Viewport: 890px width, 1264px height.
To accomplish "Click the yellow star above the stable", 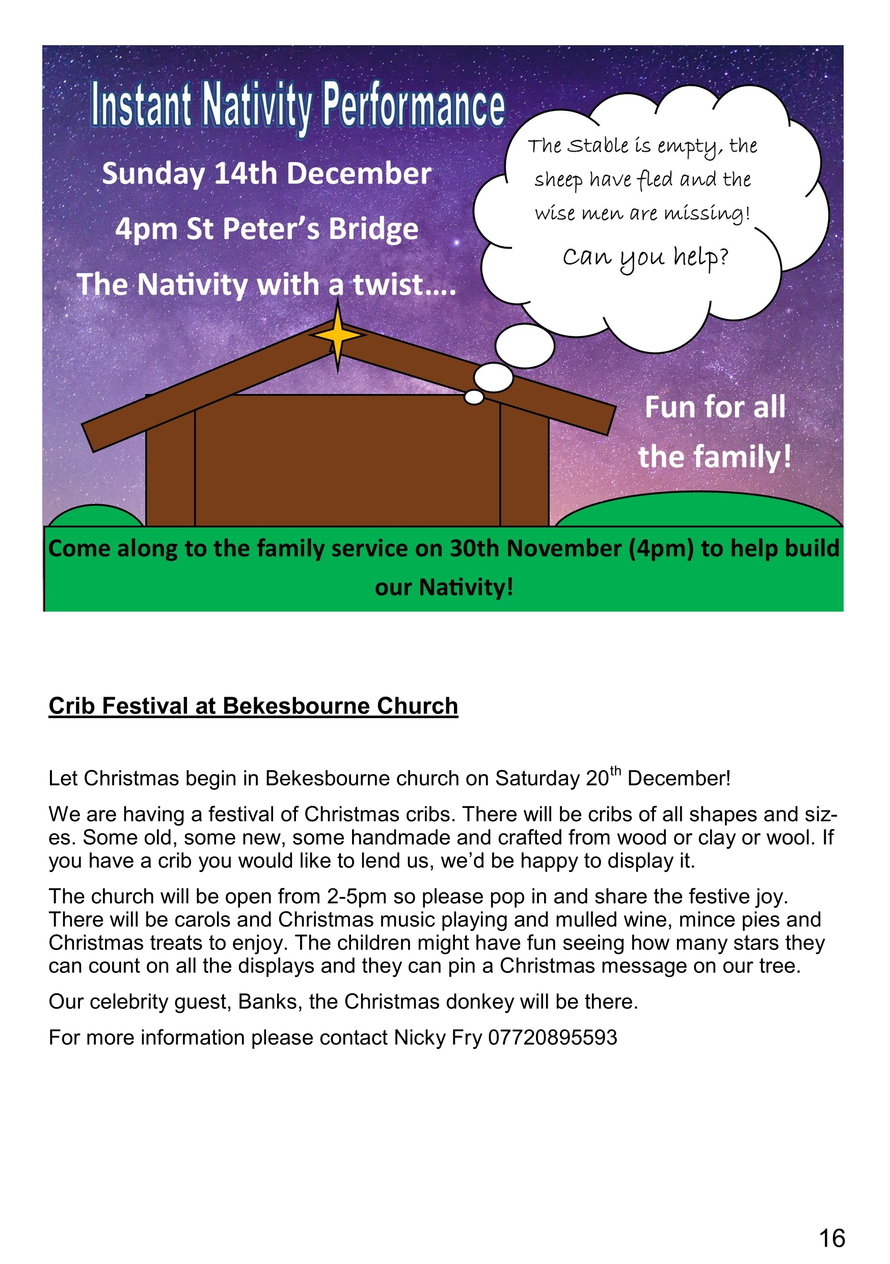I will point(337,335).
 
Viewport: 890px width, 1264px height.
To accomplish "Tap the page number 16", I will point(831,1238).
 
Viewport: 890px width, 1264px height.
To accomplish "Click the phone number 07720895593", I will point(552,1038).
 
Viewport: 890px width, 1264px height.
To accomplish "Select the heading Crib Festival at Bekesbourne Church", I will point(253,706).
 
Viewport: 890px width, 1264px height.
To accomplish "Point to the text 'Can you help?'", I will point(645,257).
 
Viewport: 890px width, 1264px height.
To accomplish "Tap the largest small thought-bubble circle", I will point(525,346).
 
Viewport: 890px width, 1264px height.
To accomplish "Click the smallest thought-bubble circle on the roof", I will point(474,397).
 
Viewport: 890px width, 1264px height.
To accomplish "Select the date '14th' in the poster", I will point(245,174).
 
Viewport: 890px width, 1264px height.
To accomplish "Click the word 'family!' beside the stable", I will point(741,457).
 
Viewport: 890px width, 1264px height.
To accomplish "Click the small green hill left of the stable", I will point(95,516).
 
